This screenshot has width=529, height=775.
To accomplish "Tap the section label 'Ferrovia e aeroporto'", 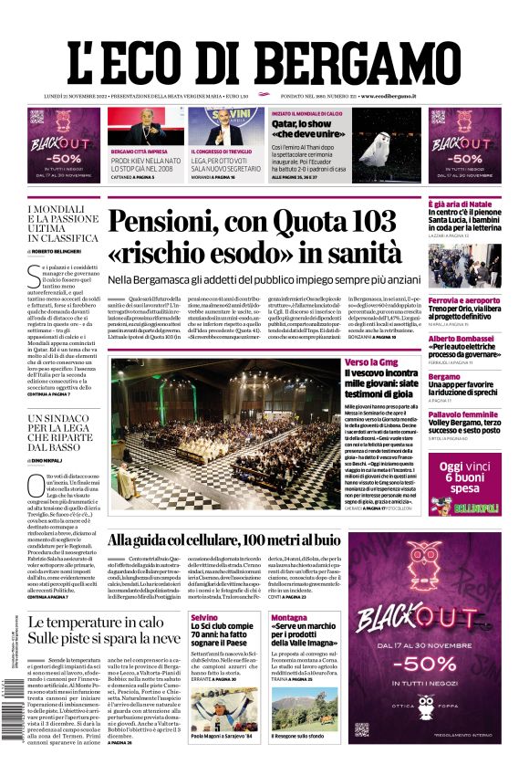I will [464, 300].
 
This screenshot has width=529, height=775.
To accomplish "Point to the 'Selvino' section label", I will [204, 618].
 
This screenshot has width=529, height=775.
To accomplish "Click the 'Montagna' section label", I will [289, 618].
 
